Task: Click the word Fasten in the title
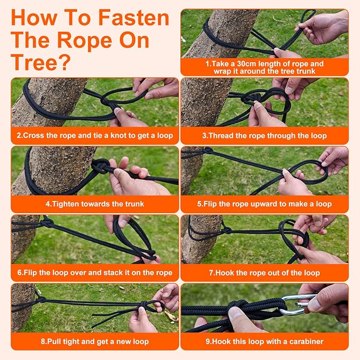(134, 17)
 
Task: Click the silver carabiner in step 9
(297, 305)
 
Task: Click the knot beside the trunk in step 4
(101, 166)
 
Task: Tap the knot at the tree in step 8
(41, 300)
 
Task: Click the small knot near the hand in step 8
(144, 304)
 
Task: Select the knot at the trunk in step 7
(226, 230)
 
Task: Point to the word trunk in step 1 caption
(306, 71)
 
